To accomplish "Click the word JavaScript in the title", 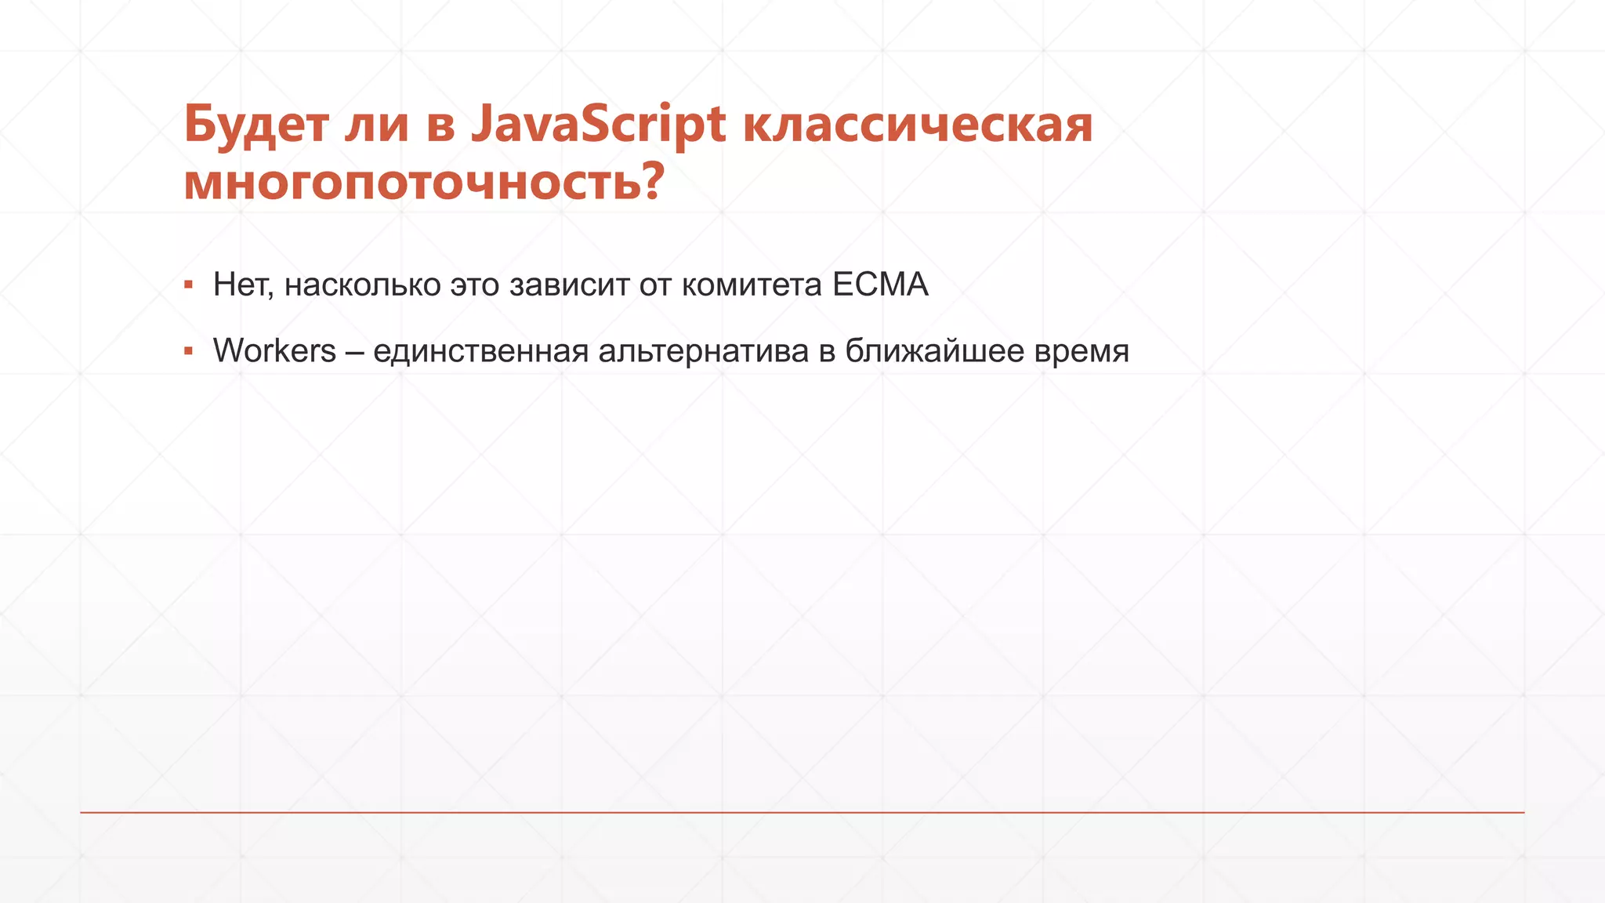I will tap(598, 125).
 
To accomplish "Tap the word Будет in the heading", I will tap(255, 125).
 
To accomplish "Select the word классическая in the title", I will tap(917, 125).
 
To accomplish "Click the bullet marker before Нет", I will tap(188, 285).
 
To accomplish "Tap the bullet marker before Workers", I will tap(188, 351).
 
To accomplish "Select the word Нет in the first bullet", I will tap(241, 285).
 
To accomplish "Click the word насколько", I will tap(362, 285).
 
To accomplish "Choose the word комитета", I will tap(752, 285).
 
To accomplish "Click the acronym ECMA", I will tap(880, 285).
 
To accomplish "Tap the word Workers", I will tap(274, 350).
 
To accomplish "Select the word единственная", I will tap(480, 350).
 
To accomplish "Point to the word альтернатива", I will tap(703, 350).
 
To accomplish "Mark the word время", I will tap(1081, 350).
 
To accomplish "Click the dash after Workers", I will tap(354, 352).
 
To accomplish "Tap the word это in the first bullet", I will tap(475, 285).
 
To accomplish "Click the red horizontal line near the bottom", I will tap(802, 813).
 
